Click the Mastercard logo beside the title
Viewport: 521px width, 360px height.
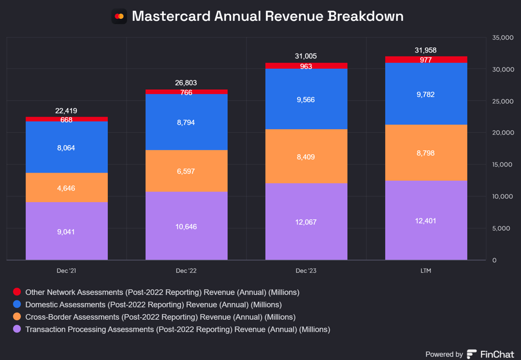click(x=119, y=16)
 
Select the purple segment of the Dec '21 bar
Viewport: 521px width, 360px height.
click(x=67, y=231)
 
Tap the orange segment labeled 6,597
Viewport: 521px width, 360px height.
click(x=186, y=171)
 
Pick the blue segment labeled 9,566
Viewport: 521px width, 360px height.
click(x=306, y=99)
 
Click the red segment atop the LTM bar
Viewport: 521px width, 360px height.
click(x=426, y=60)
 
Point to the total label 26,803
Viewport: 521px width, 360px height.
click(x=186, y=82)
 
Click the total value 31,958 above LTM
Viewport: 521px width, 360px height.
click(x=426, y=50)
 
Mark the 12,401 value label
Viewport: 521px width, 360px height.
click(x=426, y=220)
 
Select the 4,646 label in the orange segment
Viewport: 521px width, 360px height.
click(x=67, y=188)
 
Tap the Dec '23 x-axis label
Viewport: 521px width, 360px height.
click(x=306, y=271)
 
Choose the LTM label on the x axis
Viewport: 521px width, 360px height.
click(x=426, y=271)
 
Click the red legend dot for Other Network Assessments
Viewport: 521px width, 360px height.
click(x=17, y=292)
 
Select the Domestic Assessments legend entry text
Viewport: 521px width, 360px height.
click(x=153, y=304)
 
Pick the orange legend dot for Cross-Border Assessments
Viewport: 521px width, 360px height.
click(x=17, y=317)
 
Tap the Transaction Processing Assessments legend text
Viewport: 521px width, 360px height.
click(x=178, y=329)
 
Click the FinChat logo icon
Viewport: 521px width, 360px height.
click(x=472, y=354)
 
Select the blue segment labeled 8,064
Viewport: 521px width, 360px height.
click(x=67, y=148)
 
